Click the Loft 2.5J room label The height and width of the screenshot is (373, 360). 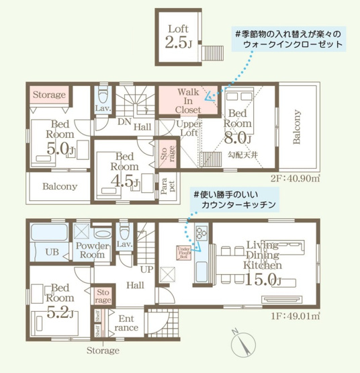coord(178,36)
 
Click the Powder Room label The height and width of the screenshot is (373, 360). coord(92,250)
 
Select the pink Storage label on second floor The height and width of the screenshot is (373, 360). coord(49,95)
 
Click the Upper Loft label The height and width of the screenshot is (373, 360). coord(189,128)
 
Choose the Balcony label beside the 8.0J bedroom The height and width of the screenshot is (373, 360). coord(296,128)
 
